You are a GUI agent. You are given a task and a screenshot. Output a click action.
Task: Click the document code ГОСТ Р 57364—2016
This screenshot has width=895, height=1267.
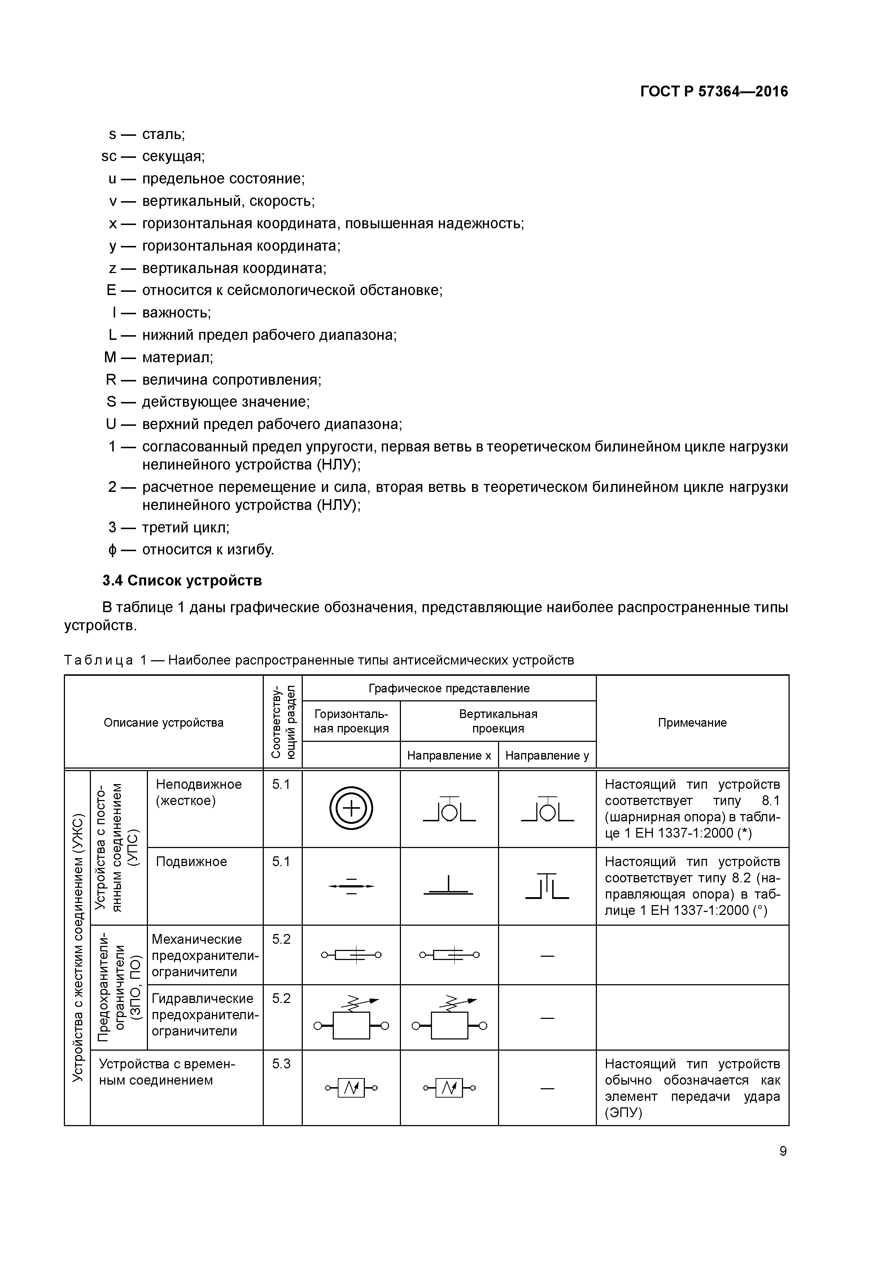[x=713, y=92]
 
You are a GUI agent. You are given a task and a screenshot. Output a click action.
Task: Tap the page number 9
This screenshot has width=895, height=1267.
[x=782, y=1151]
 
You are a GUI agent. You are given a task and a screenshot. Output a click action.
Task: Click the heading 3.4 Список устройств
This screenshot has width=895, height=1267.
[x=182, y=580]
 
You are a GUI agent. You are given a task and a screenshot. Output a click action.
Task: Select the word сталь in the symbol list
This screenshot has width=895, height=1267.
[x=163, y=134]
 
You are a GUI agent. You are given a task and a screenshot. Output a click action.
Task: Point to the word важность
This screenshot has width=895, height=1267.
[x=176, y=313]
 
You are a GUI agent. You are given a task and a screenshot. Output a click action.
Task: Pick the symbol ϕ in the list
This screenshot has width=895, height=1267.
[x=113, y=550]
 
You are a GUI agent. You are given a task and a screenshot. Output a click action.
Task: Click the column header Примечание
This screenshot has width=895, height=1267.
[x=692, y=722]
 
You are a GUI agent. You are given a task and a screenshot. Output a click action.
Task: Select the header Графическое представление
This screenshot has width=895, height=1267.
[x=449, y=688]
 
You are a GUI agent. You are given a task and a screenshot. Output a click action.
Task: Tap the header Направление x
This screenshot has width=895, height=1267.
[x=449, y=756]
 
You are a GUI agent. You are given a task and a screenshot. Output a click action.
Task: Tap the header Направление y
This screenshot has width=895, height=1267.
[x=547, y=756]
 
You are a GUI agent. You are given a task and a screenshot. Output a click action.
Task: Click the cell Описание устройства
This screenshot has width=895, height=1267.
[x=164, y=722]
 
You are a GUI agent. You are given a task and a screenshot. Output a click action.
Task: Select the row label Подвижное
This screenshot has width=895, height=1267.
[x=191, y=861]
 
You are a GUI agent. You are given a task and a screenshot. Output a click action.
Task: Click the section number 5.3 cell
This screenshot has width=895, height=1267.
[x=281, y=1063]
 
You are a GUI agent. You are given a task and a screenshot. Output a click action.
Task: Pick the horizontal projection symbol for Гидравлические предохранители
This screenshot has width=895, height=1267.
[x=351, y=1019]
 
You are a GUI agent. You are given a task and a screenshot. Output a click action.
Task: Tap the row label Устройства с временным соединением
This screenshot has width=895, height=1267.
[x=166, y=1072]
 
